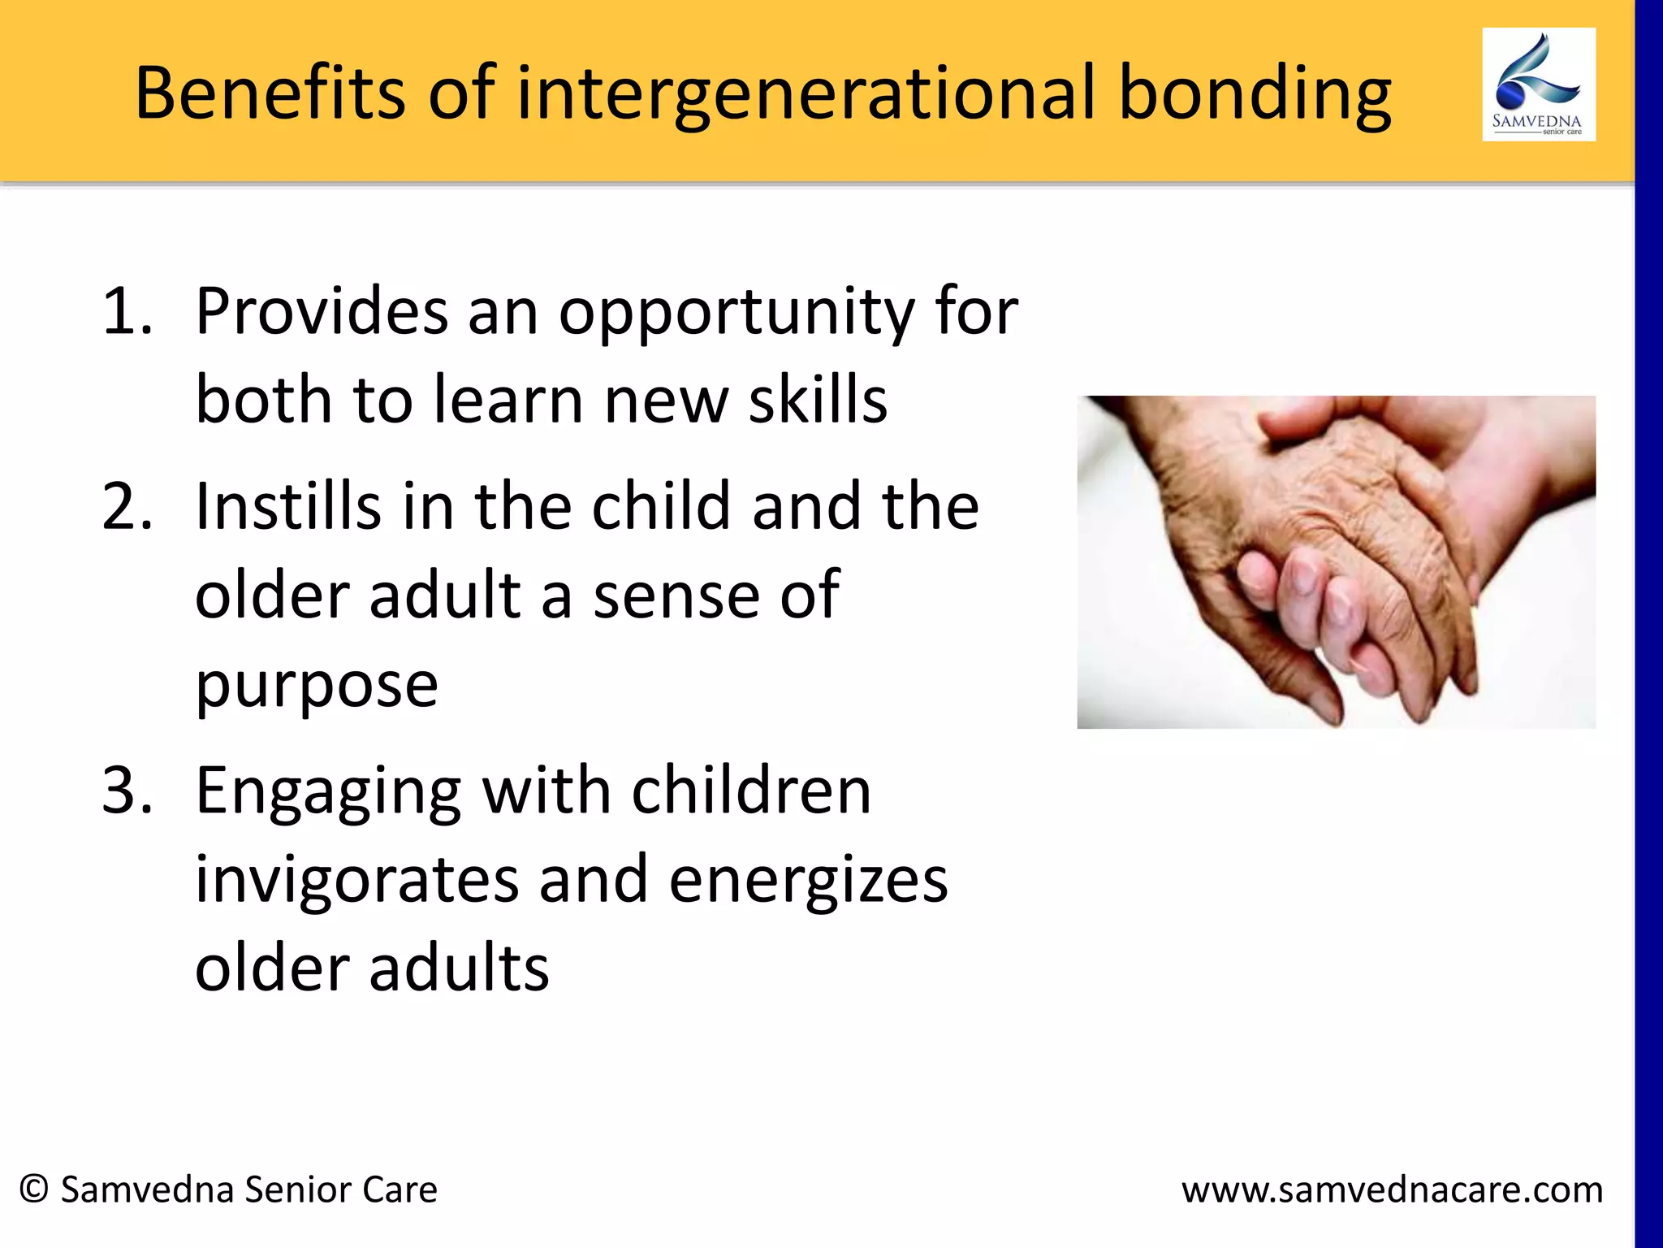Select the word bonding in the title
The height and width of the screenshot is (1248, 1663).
point(1255,96)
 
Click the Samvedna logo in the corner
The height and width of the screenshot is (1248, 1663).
point(1538,84)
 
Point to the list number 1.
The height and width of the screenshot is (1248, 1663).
point(127,311)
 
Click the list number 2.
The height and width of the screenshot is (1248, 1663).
point(127,506)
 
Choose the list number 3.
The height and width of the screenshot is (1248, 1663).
point(127,791)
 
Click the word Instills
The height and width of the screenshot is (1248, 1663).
point(287,506)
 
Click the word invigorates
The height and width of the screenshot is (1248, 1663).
point(356,880)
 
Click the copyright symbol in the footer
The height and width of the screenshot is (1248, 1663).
point(34,1189)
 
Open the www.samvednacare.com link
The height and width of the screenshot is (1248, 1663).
point(1392,1190)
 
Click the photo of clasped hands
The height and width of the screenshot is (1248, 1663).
point(1336,561)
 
